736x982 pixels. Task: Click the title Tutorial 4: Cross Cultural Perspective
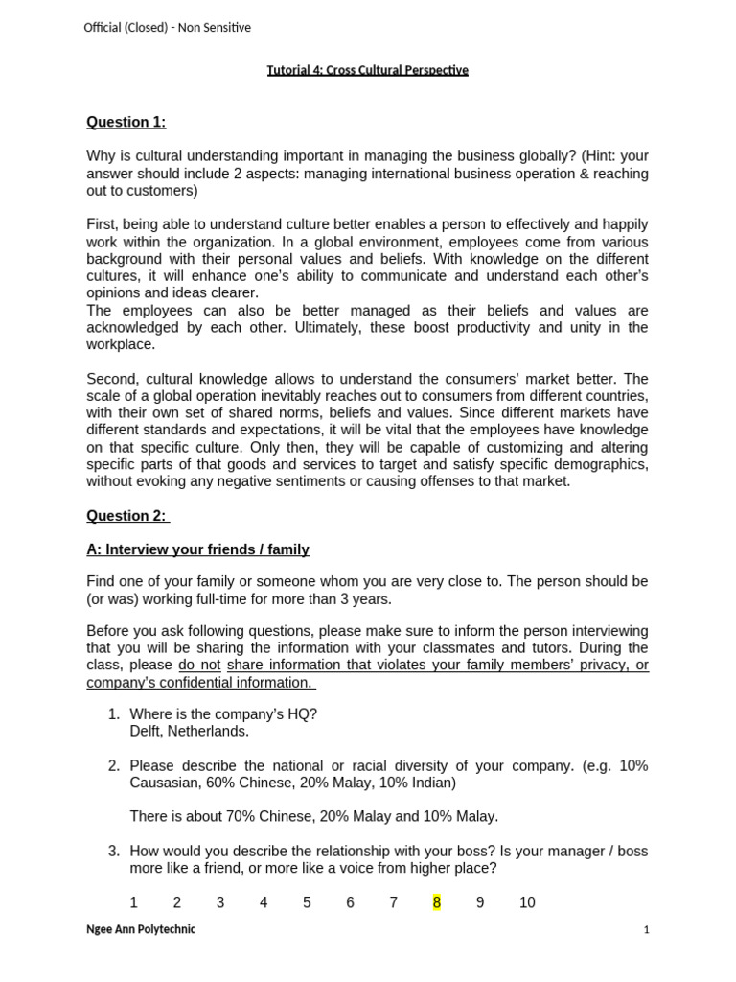367,70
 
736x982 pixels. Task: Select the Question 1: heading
126,122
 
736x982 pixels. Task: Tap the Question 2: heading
127,516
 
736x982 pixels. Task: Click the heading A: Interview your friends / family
197,549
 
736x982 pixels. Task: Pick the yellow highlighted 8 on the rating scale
437,902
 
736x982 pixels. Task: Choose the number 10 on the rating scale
527,902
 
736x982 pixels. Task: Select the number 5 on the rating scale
307,902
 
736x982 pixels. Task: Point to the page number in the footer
646,929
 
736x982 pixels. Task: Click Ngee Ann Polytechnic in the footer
141,929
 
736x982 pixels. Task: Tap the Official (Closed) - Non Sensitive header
167,28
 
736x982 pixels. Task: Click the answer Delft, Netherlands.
189,731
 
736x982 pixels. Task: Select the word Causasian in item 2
164,783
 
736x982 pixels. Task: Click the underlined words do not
199,666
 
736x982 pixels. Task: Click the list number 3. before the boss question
113,851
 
